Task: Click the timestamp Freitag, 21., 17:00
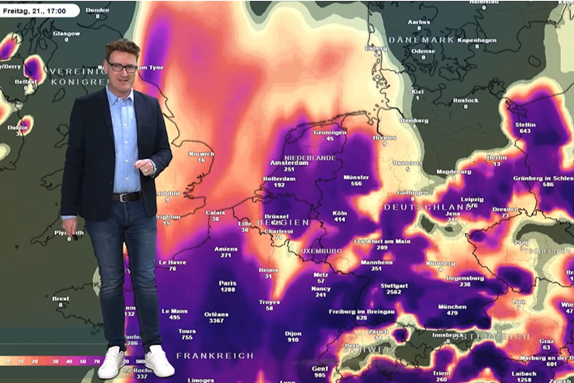[x=35, y=11]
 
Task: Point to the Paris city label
[x=227, y=283]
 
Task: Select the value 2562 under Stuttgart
[x=394, y=292]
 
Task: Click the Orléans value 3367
[x=216, y=321]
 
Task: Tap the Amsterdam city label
[x=289, y=163]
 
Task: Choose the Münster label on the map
[x=356, y=177]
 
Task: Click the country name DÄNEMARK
[x=421, y=40]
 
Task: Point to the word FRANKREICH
[x=215, y=356]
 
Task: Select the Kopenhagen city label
[x=477, y=40]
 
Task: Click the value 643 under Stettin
[x=525, y=131]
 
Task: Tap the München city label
[x=452, y=307]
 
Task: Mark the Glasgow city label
[x=66, y=34]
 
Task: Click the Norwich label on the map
[x=201, y=154]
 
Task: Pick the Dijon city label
[x=293, y=333]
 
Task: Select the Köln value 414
[x=340, y=219]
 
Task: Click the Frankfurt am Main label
[x=382, y=241]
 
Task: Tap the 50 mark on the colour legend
[x=83, y=361]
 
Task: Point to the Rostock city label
[x=465, y=101]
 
